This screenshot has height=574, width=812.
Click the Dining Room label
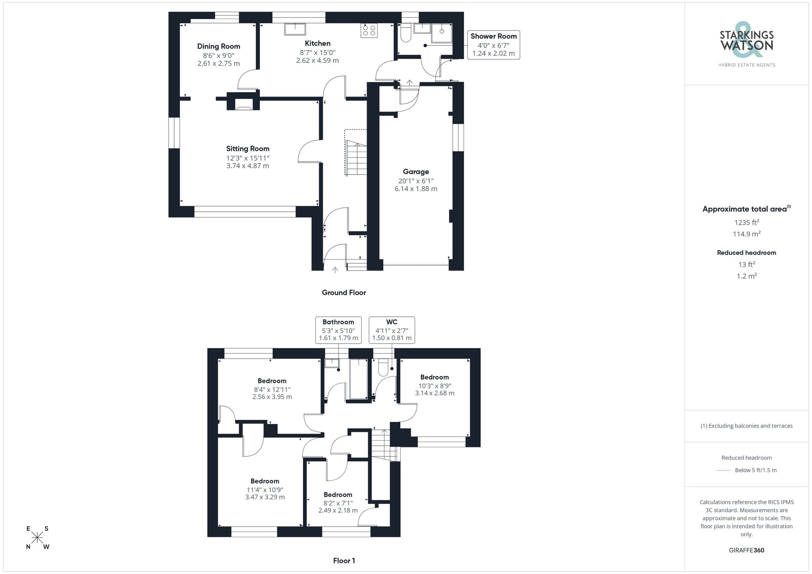[218, 46]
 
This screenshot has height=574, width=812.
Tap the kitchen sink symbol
[295, 29]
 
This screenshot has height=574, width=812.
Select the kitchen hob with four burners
[369, 30]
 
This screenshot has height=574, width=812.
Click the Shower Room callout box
[493, 45]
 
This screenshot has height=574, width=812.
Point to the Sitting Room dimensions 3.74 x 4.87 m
[248, 166]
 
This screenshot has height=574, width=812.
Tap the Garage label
[416, 172]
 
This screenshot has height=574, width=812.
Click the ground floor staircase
[356, 158]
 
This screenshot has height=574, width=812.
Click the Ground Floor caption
[344, 292]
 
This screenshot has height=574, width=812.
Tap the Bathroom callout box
[338, 330]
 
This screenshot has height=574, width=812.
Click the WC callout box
[392, 330]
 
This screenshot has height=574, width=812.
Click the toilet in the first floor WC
[383, 368]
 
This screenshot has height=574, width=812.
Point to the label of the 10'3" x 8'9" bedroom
[434, 377]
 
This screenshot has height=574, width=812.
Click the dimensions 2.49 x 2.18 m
[338, 510]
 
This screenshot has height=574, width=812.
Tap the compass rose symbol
[37, 537]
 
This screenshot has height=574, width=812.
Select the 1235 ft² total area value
[746, 222]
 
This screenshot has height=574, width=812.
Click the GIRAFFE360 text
[746, 550]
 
